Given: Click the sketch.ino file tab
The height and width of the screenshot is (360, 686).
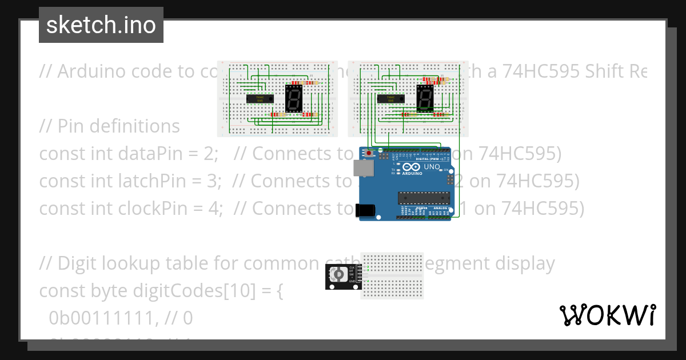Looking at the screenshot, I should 101,25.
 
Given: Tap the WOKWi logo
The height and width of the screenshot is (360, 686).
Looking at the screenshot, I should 607,315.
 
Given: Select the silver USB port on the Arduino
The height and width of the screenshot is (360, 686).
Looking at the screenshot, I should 362,167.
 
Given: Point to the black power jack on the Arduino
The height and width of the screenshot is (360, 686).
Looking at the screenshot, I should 366,210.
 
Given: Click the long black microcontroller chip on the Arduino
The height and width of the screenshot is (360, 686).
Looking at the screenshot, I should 424,198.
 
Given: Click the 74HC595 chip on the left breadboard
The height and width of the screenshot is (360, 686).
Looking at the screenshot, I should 260,98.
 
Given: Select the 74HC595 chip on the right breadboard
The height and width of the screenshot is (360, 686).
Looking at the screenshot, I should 391,98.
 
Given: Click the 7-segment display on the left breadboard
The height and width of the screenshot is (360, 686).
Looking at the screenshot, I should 293,98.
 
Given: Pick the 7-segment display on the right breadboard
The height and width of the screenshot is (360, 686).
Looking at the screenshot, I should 425,98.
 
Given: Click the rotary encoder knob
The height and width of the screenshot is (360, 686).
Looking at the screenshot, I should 339,275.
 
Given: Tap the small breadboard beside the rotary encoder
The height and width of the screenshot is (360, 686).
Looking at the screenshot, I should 392,275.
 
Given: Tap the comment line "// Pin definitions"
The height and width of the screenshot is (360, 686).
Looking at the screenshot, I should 109,126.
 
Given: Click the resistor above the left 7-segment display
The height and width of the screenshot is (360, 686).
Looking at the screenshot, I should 309,83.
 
